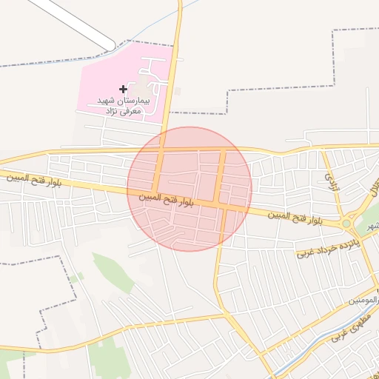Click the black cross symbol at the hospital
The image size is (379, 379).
[x=123, y=89]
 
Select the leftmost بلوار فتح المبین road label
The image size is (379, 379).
[x=28, y=179]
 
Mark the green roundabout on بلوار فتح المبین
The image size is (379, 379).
[x=346, y=224]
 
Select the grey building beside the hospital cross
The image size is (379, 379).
[x=141, y=88]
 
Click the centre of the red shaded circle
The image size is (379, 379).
[x=189, y=189]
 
